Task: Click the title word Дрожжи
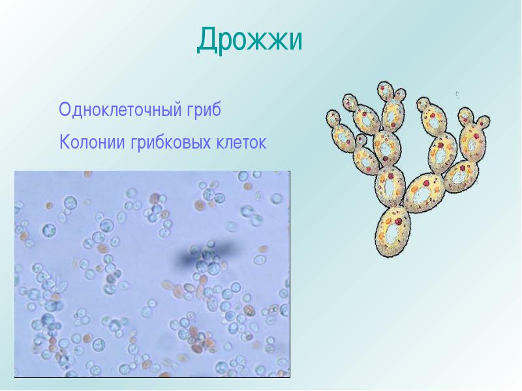tap(250, 40)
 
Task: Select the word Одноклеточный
tap(118, 109)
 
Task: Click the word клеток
tap(241, 142)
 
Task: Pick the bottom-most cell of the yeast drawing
tap(393, 232)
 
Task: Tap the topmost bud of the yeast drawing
tap(385, 91)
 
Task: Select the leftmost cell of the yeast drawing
tap(333, 118)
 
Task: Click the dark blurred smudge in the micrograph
tap(205, 255)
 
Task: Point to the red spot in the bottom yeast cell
tap(399, 222)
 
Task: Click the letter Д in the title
tap(207, 40)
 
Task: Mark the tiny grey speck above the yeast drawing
tap(457, 94)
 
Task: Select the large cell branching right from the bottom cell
tap(424, 193)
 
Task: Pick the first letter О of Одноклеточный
tap(64, 109)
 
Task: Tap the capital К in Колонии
tap(64, 142)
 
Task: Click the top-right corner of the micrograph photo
tap(290, 171)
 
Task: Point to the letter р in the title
tap(227, 44)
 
